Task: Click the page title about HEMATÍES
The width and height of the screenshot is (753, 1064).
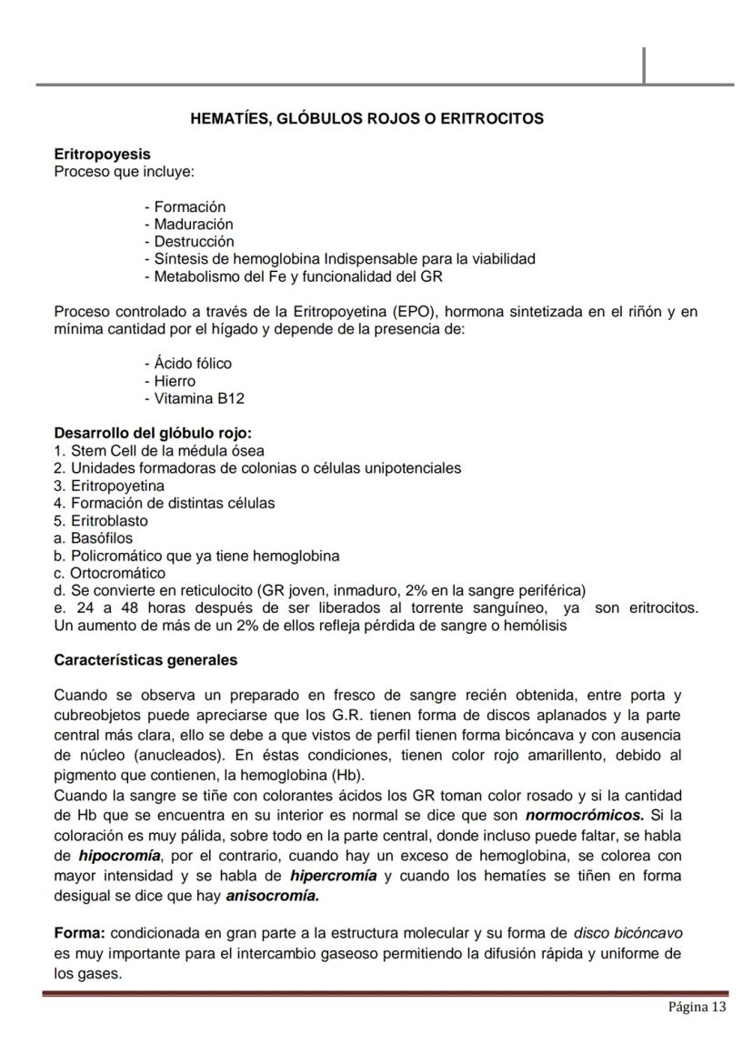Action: point(366,119)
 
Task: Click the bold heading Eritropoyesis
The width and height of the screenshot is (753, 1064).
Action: point(102,155)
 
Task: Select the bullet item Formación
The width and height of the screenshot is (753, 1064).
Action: point(186,207)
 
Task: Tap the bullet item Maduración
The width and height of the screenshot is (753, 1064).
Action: point(189,225)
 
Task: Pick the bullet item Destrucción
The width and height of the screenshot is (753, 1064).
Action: point(189,242)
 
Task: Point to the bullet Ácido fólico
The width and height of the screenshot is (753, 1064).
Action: point(188,364)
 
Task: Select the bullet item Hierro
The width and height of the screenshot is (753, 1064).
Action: point(170,381)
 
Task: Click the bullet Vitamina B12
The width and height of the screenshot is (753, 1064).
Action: point(195,398)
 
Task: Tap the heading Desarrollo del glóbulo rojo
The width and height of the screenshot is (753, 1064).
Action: point(153,434)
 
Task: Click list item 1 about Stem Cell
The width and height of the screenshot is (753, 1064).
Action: point(159,451)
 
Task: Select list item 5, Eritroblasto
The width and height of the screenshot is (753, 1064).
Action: point(101,521)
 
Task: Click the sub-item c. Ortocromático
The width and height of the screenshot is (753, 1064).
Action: point(110,573)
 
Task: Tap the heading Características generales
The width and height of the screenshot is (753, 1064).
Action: point(146,660)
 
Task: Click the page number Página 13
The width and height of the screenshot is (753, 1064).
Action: point(698,1007)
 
